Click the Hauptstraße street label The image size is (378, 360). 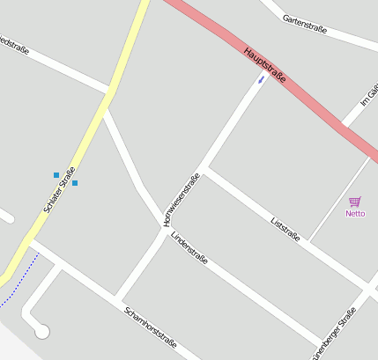pyautogui.click(x=264, y=65)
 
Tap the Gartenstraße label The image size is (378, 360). pyautogui.click(x=305, y=25)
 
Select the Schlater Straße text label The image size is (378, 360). pyautogui.click(x=60, y=189)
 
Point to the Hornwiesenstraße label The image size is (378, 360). pyautogui.click(x=182, y=199)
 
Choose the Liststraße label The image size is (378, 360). pyautogui.click(x=285, y=229)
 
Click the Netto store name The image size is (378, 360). pyautogui.click(x=355, y=213)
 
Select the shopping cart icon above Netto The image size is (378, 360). pyautogui.click(x=355, y=202)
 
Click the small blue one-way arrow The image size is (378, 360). pyautogui.click(x=261, y=80)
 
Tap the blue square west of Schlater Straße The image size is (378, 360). pyautogui.click(x=56, y=174)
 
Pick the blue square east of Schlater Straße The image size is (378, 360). pyautogui.click(x=75, y=183)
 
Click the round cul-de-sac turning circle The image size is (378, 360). pyautogui.click(x=41, y=331)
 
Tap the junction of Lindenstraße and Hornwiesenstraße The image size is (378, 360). pyautogui.click(x=163, y=225)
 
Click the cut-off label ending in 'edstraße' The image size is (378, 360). pyautogui.click(x=14, y=45)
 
